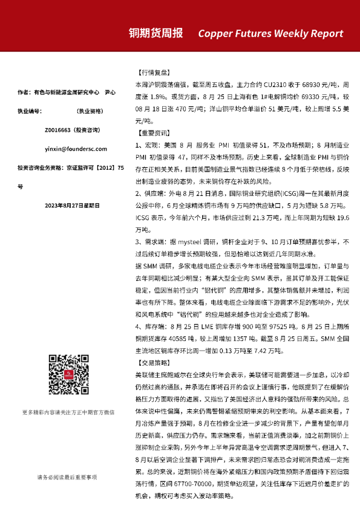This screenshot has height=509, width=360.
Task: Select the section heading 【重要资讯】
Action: (x=151, y=131)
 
